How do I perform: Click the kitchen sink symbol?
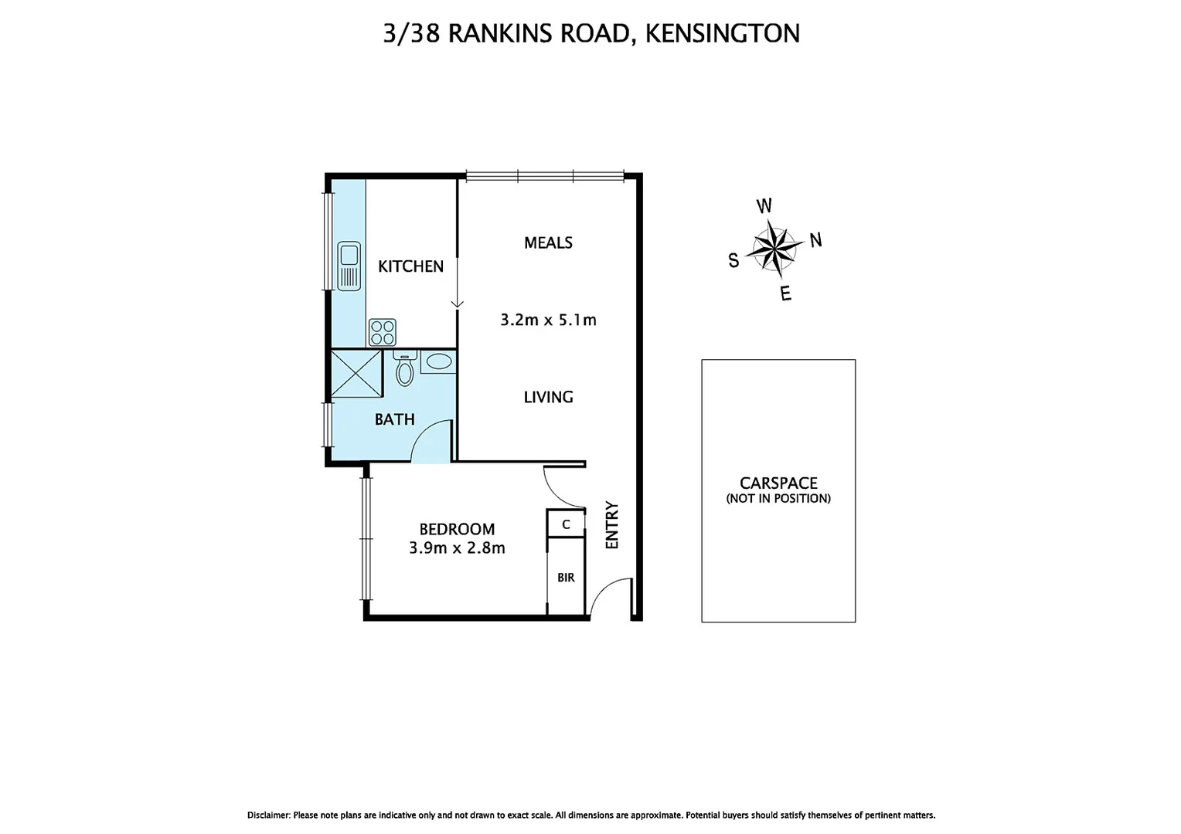tap(349, 266)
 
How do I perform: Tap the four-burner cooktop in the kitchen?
tap(383, 332)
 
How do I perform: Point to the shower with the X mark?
tap(356, 374)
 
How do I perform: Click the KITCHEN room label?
tap(410, 266)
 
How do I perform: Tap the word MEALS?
tap(548, 243)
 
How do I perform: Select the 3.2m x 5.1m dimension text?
tap(548, 320)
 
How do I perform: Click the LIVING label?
tap(548, 398)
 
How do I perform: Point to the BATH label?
tap(394, 420)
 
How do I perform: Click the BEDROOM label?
tap(457, 530)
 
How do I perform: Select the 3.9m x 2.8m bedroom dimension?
tap(457, 548)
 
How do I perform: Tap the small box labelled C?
tap(566, 524)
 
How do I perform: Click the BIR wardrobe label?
tap(566, 578)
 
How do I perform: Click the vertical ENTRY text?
tap(612, 525)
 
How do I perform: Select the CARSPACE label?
tap(778, 483)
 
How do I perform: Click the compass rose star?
tap(776, 247)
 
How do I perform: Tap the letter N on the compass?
tap(815, 240)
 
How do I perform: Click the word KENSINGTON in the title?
tap(722, 33)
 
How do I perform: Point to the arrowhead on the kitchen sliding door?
tap(458, 304)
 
